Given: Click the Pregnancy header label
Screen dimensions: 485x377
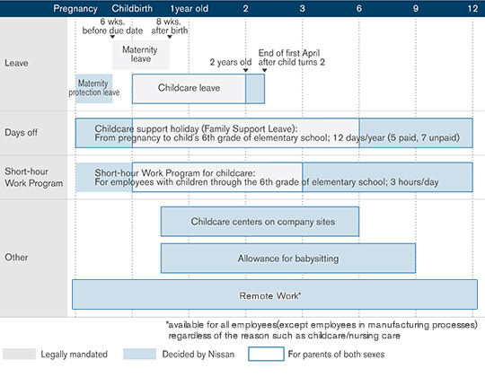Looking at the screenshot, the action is tap(75, 8).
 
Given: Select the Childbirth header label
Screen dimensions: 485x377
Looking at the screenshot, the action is tap(132, 8).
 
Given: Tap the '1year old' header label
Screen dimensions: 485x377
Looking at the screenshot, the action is tap(189, 8).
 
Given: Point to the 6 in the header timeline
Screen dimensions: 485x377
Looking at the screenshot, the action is tap(359, 8).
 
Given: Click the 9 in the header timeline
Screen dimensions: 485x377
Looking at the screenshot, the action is tap(416, 8).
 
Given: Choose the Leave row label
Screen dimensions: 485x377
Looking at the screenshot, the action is tap(16, 63).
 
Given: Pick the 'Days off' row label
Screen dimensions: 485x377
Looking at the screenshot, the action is tap(21, 133).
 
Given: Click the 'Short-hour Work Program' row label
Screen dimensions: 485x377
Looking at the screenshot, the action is tap(34, 178).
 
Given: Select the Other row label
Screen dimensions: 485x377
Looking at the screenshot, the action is tap(16, 257).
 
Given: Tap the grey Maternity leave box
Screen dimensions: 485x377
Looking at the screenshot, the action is tap(141, 55).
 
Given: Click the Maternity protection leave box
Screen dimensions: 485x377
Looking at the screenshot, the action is tap(94, 89).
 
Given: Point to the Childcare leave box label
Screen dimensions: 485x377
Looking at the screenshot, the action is tap(189, 88).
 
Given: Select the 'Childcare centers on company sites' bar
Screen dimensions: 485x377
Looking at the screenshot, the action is tap(260, 222).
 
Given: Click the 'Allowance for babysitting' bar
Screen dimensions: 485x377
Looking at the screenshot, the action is tap(288, 259).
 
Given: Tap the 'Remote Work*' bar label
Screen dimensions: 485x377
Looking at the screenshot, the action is tap(270, 295).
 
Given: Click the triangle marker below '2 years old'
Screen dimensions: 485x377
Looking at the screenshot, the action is tap(245, 70).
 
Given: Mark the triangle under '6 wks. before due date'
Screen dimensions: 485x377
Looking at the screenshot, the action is tap(112, 37).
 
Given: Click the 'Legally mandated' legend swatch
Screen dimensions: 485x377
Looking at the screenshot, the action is tap(19, 355).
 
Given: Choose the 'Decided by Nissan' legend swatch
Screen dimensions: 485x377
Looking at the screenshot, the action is tap(139, 355).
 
